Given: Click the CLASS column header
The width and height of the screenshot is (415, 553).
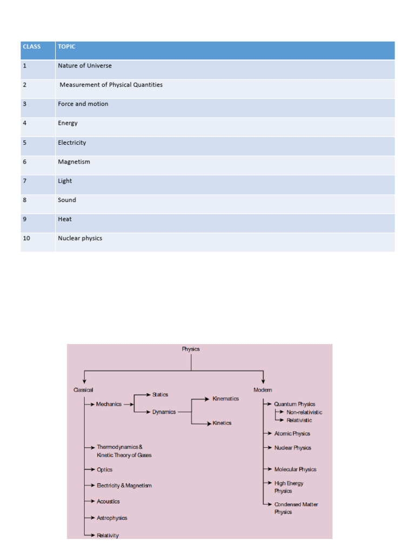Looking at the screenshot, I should point(32,46).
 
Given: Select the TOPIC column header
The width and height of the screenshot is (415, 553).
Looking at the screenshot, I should point(66,46).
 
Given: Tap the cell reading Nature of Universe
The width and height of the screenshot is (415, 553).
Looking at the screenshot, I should point(85,66).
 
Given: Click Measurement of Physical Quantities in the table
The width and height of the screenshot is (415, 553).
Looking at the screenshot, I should point(111,85).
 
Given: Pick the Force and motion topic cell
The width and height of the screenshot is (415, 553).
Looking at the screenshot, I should point(83,104).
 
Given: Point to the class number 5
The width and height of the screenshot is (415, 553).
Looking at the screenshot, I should point(25,143).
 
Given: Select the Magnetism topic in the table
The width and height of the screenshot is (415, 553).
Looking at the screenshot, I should point(74,161).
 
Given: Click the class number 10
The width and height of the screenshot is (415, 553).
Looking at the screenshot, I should point(26,238).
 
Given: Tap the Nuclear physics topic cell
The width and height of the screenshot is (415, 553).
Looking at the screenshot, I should point(80,238).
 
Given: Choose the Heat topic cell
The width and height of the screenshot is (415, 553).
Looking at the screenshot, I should point(65,219).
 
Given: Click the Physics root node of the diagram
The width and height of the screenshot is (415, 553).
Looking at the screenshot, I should point(191,349).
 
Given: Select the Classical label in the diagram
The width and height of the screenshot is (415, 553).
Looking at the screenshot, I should point(83,390).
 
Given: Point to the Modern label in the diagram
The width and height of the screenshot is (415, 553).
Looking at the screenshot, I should point(263,390).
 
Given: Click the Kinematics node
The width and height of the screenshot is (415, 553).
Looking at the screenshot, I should point(225,399).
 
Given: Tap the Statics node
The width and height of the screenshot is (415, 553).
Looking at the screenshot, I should point(160,395).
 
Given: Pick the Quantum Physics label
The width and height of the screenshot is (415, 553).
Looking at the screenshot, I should point(294,404).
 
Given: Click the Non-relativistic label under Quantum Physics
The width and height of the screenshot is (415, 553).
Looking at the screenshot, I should point(304,412).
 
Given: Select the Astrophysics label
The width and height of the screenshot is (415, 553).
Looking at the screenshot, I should point(112,518).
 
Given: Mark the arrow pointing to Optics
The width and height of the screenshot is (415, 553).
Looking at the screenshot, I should point(90,470).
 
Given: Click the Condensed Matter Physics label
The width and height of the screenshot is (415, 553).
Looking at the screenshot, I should point(296,508).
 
